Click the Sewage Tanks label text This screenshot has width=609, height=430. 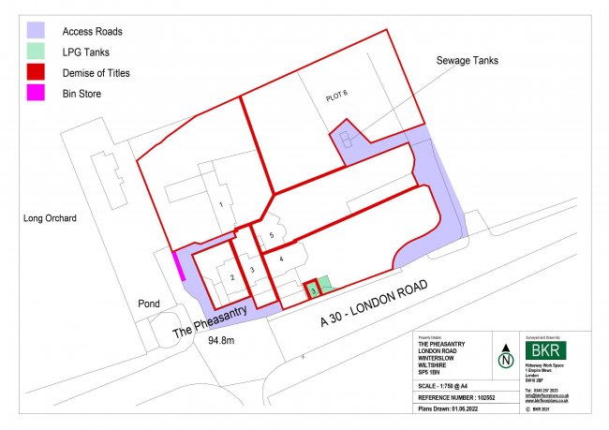click(x=467, y=60)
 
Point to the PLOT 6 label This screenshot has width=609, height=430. click(x=344, y=93)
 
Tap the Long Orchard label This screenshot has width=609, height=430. click(x=50, y=218)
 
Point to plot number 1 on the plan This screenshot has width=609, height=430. click(x=221, y=203)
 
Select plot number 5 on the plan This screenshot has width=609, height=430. click(x=271, y=235)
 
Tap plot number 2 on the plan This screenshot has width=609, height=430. click(x=231, y=276)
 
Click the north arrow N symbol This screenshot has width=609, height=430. click(x=506, y=358)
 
